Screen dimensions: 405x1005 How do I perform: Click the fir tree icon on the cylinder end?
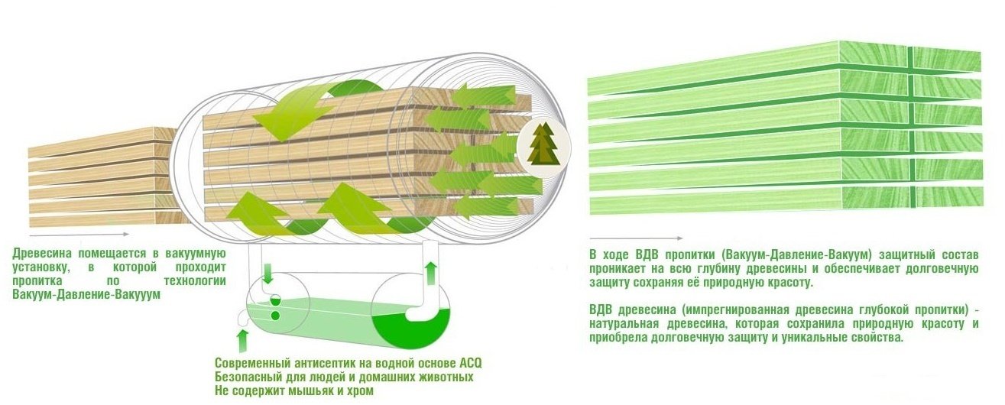(543, 142)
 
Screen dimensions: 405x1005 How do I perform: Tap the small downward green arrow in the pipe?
(268, 273)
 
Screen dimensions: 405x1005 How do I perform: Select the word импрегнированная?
(739, 310)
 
